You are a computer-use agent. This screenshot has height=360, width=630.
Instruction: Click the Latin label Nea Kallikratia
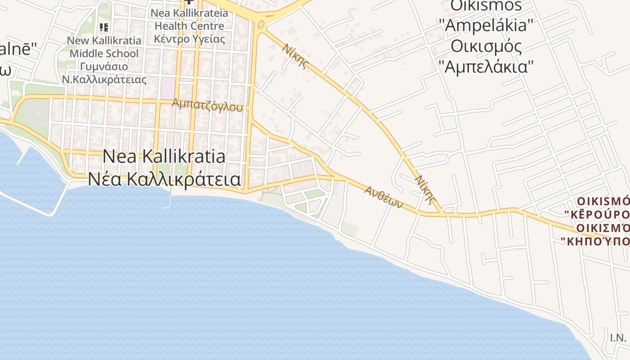pyautogui.click(x=164, y=157)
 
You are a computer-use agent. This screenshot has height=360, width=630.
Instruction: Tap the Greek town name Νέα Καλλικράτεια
pyautogui.click(x=164, y=179)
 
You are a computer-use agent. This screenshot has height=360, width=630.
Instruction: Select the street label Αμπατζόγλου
pyautogui.click(x=207, y=105)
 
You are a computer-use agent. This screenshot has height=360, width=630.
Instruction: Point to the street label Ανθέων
pyautogui.click(x=383, y=197)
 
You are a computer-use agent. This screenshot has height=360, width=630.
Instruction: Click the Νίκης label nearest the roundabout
pyautogui.click(x=296, y=56)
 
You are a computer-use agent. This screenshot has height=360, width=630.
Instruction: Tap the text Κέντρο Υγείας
pyautogui.click(x=189, y=39)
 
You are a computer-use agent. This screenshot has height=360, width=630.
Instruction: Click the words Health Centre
pyautogui.click(x=189, y=26)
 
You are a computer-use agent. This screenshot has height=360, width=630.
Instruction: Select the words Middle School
pyautogui.click(x=104, y=54)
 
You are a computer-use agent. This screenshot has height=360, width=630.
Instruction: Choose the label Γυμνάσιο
pyautogui.click(x=104, y=67)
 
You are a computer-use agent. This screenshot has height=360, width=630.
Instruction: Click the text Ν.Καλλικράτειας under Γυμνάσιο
pyautogui.click(x=104, y=80)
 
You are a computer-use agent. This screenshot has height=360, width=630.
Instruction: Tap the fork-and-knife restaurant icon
pyautogui.click(x=104, y=27)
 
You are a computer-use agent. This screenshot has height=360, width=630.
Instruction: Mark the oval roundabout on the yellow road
pyautogui.click(x=261, y=24)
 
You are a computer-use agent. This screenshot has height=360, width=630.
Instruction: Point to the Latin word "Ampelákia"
pyautogui.click(x=486, y=26)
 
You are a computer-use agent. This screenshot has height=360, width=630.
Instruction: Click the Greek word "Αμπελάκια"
pyautogui.click(x=486, y=67)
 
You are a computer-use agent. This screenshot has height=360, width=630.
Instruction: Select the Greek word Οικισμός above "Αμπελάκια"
pyautogui.click(x=486, y=46)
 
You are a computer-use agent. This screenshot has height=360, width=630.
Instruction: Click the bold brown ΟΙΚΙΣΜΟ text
pyautogui.click(x=603, y=201)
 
